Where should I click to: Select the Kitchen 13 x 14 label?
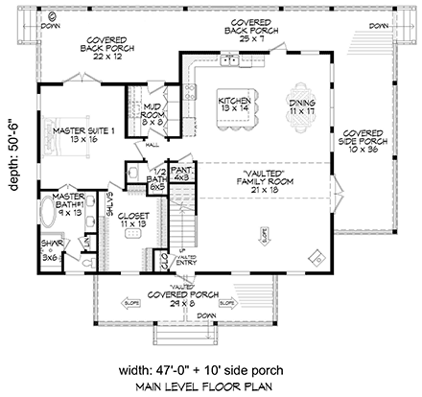[x=233, y=105]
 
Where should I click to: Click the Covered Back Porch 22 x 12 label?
[x=84, y=47]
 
